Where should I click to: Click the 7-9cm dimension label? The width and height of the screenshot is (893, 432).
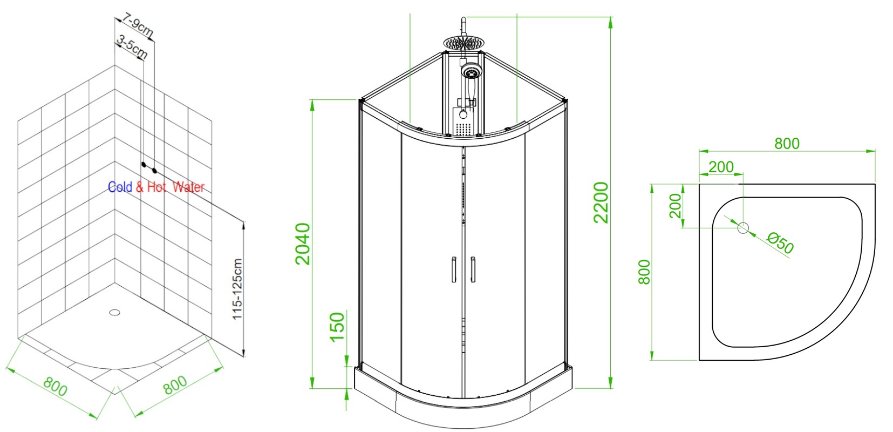coord(138,25)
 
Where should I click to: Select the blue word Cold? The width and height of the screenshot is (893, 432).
coord(120,187)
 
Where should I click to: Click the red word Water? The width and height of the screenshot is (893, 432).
coord(188,187)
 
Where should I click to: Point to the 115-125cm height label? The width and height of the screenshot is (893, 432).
coord(237,289)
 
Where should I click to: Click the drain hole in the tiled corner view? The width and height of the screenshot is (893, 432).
coord(114,312)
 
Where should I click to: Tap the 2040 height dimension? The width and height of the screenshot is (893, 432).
coord(303,244)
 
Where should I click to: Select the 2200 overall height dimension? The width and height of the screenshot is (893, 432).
coord(601,202)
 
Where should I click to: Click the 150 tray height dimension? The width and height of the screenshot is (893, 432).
coord(337,327)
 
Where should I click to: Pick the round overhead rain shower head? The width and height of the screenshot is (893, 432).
coord(463,44)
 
